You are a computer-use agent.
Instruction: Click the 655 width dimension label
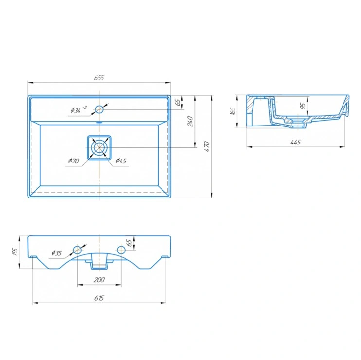coord(99,78)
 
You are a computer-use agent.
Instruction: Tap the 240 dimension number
coord(190,121)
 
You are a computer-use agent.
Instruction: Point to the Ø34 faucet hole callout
coord(78,110)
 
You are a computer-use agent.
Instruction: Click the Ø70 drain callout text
coord(73,161)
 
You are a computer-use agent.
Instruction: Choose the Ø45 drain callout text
coord(121,161)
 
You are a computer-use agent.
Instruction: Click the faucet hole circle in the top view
coord(99,109)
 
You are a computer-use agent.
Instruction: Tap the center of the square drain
coord(99,147)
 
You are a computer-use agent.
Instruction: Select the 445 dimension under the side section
coord(296,142)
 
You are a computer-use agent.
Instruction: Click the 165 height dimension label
coord(233,111)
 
